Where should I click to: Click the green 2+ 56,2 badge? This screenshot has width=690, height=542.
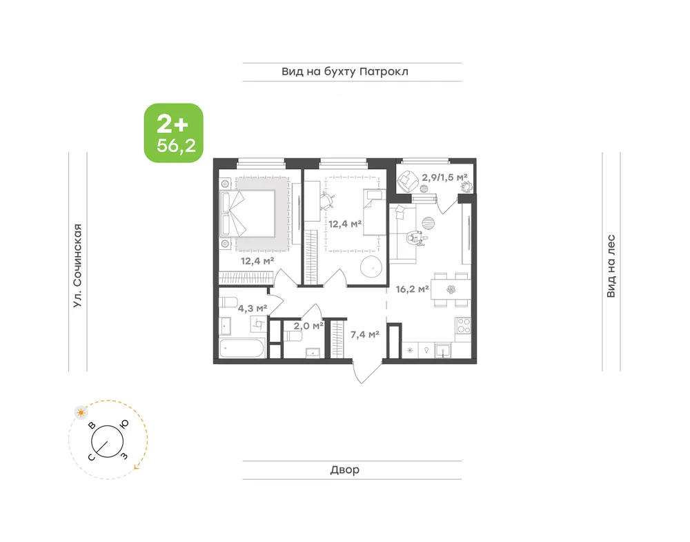click(x=174, y=133)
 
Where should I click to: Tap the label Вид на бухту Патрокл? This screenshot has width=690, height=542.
click(x=345, y=71)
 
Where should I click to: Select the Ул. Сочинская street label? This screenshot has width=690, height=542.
click(x=78, y=266)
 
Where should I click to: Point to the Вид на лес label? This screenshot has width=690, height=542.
click(x=611, y=266)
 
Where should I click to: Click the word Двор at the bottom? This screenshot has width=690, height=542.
click(x=345, y=470)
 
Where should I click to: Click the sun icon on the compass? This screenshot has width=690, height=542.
click(x=81, y=413)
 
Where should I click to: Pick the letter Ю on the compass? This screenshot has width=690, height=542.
click(x=124, y=424)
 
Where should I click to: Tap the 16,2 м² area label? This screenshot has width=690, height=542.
click(x=413, y=289)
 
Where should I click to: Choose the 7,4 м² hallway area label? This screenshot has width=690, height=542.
click(x=365, y=335)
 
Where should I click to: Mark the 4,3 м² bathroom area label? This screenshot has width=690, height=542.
click(x=253, y=308)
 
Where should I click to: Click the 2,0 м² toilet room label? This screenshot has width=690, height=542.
click(x=308, y=326)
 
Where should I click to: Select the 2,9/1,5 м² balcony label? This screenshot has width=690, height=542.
click(x=444, y=177)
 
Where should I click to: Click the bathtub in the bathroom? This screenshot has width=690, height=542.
click(x=241, y=349)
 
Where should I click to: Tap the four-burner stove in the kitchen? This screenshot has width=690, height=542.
click(x=464, y=326)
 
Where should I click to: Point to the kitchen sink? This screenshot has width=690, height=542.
click(x=442, y=351)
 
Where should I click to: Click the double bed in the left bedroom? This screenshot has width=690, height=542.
click(x=248, y=213)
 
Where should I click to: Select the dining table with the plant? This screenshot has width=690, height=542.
click(x=451, y=290)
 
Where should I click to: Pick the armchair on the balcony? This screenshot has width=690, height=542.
click(x=408, y=180)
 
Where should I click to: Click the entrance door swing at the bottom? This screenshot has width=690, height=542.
click(x=366, y=371)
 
